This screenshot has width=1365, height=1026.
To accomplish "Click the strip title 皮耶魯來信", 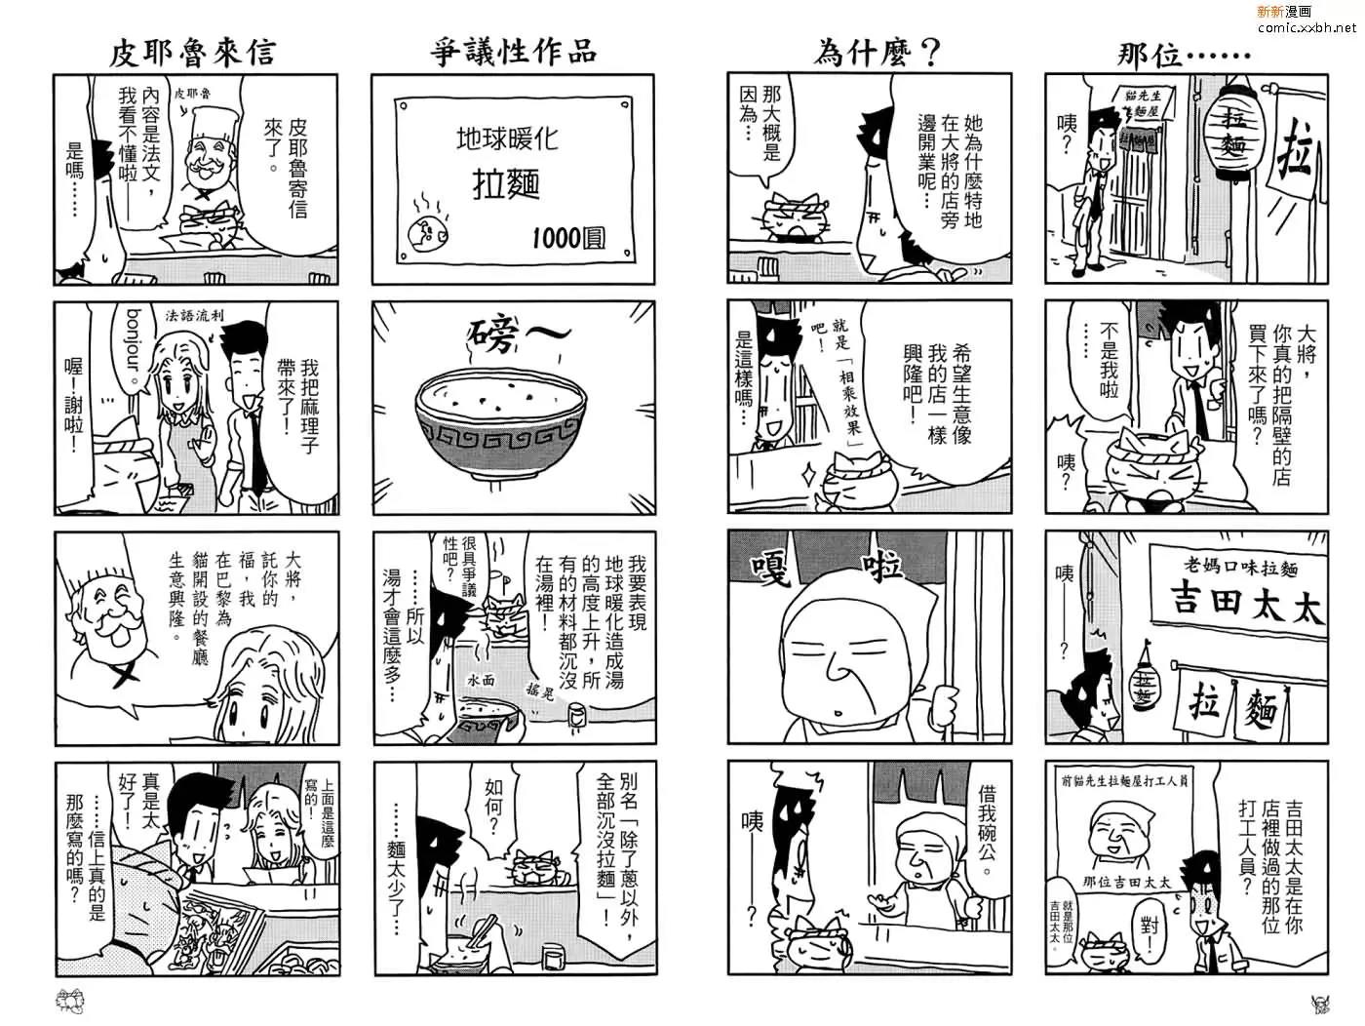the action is tap(191, 53).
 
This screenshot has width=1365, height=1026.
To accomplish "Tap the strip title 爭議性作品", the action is tap(513, 51).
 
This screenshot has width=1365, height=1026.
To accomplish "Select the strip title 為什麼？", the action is tap(876, 53).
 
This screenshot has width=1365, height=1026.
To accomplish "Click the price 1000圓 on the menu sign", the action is tap(568, 238).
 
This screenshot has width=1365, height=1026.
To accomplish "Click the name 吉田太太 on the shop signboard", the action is tap(1248, 603).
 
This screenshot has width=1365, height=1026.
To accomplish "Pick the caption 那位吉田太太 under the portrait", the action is tap(1126, 883).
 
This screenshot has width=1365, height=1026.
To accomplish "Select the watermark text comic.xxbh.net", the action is tap(1306, 27).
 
